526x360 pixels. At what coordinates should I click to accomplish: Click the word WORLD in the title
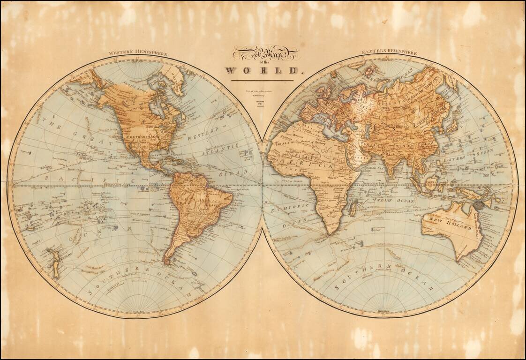pos(262,71)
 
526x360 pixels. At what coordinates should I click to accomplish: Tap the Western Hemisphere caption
pos(137,53)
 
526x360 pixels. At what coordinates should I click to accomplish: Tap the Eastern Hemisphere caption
pos(389,52)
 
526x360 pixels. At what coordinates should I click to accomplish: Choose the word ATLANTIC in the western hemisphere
pos(221,151)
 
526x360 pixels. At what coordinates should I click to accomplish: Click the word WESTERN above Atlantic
pos(204,138)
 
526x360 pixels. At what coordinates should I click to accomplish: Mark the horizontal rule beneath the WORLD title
pos(262,80)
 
